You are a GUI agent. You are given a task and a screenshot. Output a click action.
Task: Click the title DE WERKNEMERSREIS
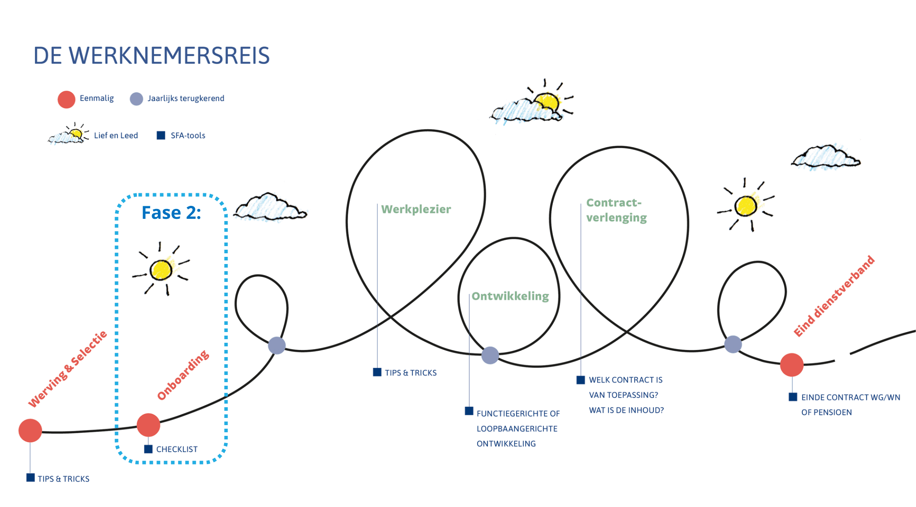pos(152,56)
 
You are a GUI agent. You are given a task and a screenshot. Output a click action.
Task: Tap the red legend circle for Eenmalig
pos(66,99)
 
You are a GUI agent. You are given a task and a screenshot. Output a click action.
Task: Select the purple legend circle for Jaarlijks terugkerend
pos(136,99)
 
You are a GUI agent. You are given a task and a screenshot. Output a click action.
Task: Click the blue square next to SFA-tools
pos(161,135)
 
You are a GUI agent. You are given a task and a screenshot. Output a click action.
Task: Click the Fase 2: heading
pos(171,213)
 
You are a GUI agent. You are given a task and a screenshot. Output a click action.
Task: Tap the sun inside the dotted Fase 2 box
pos(161,269)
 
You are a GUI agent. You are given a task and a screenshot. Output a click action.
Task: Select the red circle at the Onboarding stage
pos(148,425)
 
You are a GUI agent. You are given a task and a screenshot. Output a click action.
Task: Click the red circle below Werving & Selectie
pos(30,430)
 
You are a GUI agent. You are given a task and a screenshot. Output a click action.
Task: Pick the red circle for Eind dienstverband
pos(792,365)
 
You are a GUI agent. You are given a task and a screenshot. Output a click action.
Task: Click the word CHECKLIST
pos(177,449)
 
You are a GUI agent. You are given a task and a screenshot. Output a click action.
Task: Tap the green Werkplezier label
pos(416,209)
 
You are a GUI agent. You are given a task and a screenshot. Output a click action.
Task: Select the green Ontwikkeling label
pos(510,296)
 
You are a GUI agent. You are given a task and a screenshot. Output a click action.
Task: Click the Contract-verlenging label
pos(616,210)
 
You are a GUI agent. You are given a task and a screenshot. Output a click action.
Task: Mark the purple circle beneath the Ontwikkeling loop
pos(490,355)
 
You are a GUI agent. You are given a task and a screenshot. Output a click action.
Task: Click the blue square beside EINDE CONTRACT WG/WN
pos(793,397)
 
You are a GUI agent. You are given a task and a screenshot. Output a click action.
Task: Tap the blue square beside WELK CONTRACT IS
pos(581,380)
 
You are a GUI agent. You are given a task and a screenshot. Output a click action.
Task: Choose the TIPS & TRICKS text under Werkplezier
pos(411,373)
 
